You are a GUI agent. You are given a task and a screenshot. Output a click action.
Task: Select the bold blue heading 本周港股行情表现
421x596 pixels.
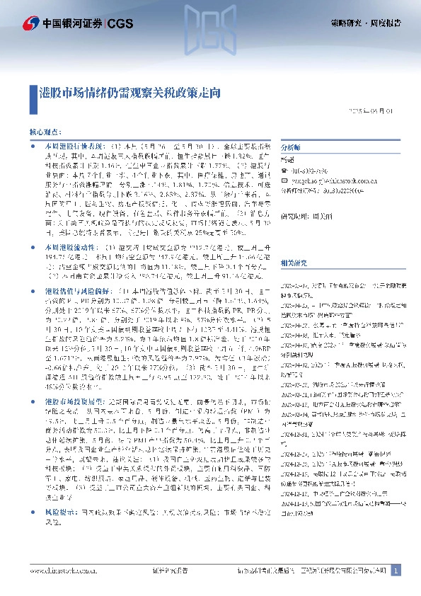[x=67, y=145]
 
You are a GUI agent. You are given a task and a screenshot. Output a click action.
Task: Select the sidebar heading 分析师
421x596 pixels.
[x=291, y=147]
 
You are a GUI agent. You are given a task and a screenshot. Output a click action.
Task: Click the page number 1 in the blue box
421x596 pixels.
[x=396, y=570]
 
